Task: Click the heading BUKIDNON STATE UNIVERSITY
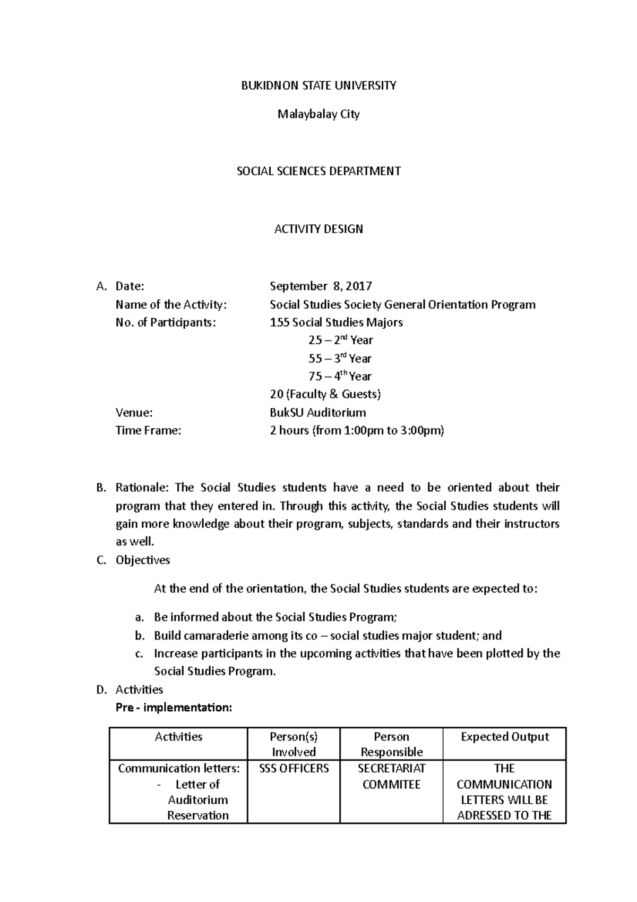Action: click(x=318, y=86)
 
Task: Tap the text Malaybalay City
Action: click(x=318, y=114)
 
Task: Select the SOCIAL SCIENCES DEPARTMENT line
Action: click(x=318, y=172)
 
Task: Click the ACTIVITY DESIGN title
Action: click(x=318, y=229)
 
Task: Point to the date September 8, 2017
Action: click(x=321, y=286)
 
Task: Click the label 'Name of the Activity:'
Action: click(x=171, y=305)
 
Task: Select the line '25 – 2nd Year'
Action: click(x=340, y=341)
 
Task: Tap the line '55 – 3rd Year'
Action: click(x=340, y=359)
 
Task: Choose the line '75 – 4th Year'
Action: click(x=340, y=377)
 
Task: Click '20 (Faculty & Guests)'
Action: click(x=325, y=394)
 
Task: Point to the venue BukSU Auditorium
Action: click(x=317, y=413)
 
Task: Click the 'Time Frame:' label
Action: click(x=148, y=431)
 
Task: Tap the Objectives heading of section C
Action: click(x=143, y=560)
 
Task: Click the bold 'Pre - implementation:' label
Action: click(x=174, y=708)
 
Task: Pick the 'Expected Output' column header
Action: click(x=504, y=737)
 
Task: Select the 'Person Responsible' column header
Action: click(x=391, y=744)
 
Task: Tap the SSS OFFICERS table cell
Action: click(x=294, y=769)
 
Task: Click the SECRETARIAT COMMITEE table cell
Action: click(x=391, y=777)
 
